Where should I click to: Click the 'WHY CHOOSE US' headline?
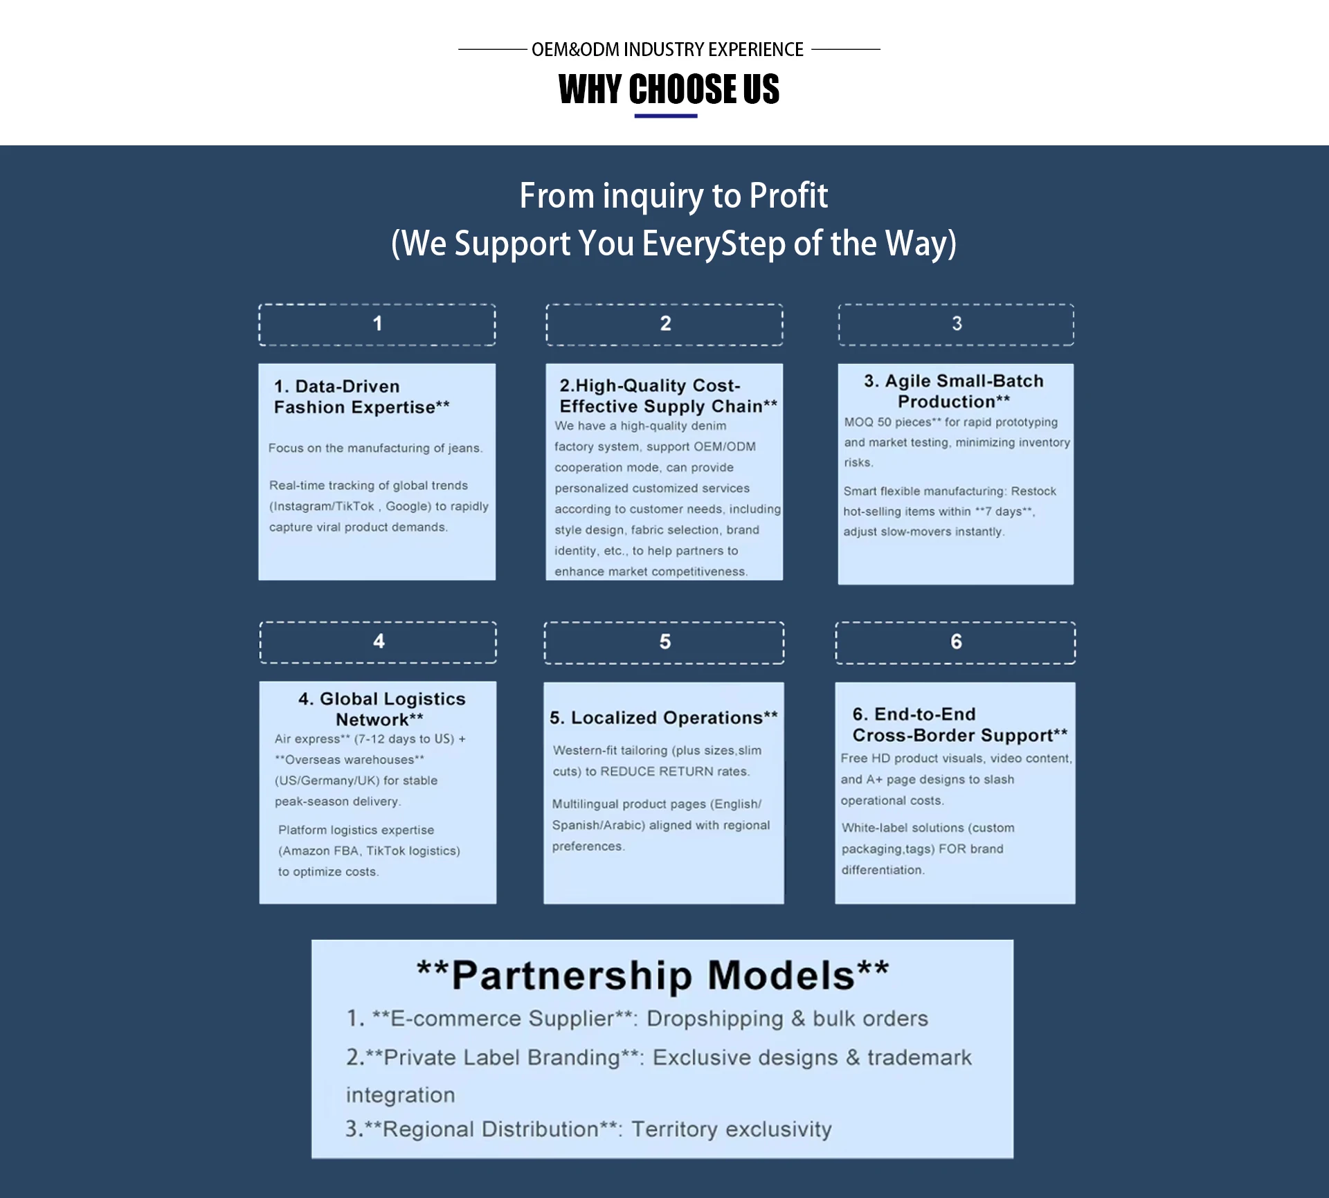pyautogui.click(x=669, y=89)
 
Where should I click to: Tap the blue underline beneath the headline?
pyautogui.click(x=666, y=116)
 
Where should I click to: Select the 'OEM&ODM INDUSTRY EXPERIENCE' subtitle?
pyautogui.click(x=667, y=50)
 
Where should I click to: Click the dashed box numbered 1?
pyautogui.click(x=377, y=324)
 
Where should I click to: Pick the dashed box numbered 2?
pyautogui.click(x=664, y=324)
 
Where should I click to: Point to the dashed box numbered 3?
pyautogui.click(x=956, y=324)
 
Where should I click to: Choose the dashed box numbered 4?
pyautogui.click(x=378, y=642)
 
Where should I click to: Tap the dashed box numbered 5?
pyautogui.click(x=664, y=642)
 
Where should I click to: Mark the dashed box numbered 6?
pyautogui.click(x=955, y=642)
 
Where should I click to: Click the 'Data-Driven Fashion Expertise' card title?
pyautogui.click(x=361, y=397)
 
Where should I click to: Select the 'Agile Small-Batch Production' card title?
pyautogui.click(x=954, y=391)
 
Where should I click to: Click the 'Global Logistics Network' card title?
pyautogui.click(x=381, y=709)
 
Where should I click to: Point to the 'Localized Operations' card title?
pyautogui.click(x=663, y=718)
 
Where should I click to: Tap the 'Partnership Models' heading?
pyautogui.click(x=653, y=975)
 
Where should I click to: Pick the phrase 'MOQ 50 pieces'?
pyautogui.click(x=887, y=422)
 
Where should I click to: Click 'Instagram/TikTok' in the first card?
pyautogui.click(x=323, y=506)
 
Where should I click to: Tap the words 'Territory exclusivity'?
pyautogui.click(x=731, y=1129)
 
